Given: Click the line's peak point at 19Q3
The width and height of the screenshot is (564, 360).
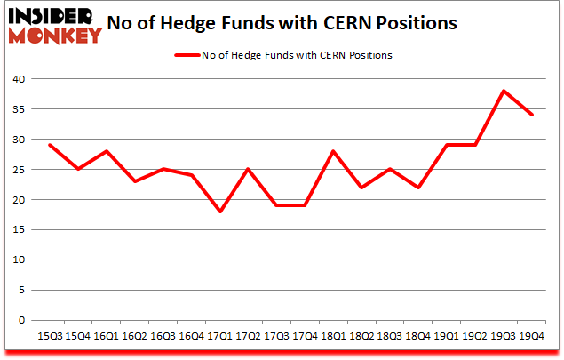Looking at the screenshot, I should point(503,91).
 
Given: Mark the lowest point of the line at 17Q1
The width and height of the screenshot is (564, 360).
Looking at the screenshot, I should point(219,212).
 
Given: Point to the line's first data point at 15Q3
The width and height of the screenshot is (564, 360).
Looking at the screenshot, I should point(50,145).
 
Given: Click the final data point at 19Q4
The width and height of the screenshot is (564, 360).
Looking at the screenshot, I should point(531,115).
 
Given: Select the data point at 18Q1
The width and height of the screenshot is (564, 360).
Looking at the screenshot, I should point(333,151).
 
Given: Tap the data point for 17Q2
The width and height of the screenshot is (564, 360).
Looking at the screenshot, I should point(248,169).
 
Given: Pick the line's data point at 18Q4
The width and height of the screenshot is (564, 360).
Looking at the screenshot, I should point(418,188).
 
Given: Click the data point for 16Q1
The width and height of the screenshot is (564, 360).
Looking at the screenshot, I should point(107,151).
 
